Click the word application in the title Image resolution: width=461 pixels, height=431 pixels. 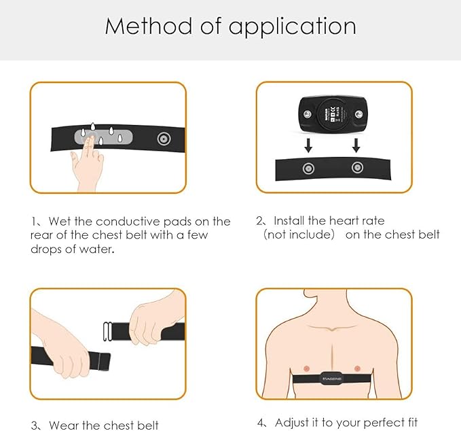[x=292, y=28]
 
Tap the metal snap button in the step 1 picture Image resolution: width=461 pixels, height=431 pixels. [x=163, y=139]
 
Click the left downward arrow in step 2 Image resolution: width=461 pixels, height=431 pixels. [x=308, y=145]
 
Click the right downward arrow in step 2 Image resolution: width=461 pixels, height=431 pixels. [x=356, y=145]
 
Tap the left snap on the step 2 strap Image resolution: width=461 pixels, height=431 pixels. [x=308, y=168]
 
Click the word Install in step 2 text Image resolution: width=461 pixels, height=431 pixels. [x=291, y=221]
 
